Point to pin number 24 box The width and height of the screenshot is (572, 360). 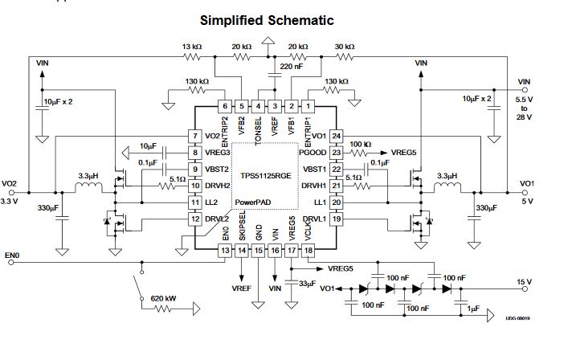[337, 136]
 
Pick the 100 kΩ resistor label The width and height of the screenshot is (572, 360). [361, 144]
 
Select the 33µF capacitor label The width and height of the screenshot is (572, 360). [307, 284]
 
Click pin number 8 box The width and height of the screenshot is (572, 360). [195, 152]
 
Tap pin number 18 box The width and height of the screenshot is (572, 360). [308, 250]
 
